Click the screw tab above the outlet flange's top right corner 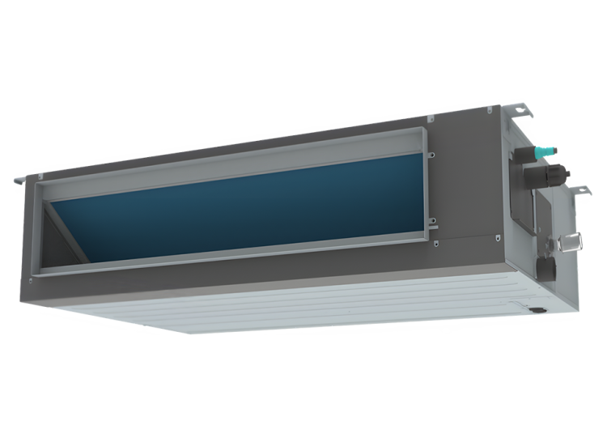pyautogui.click(x=430, y=119)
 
